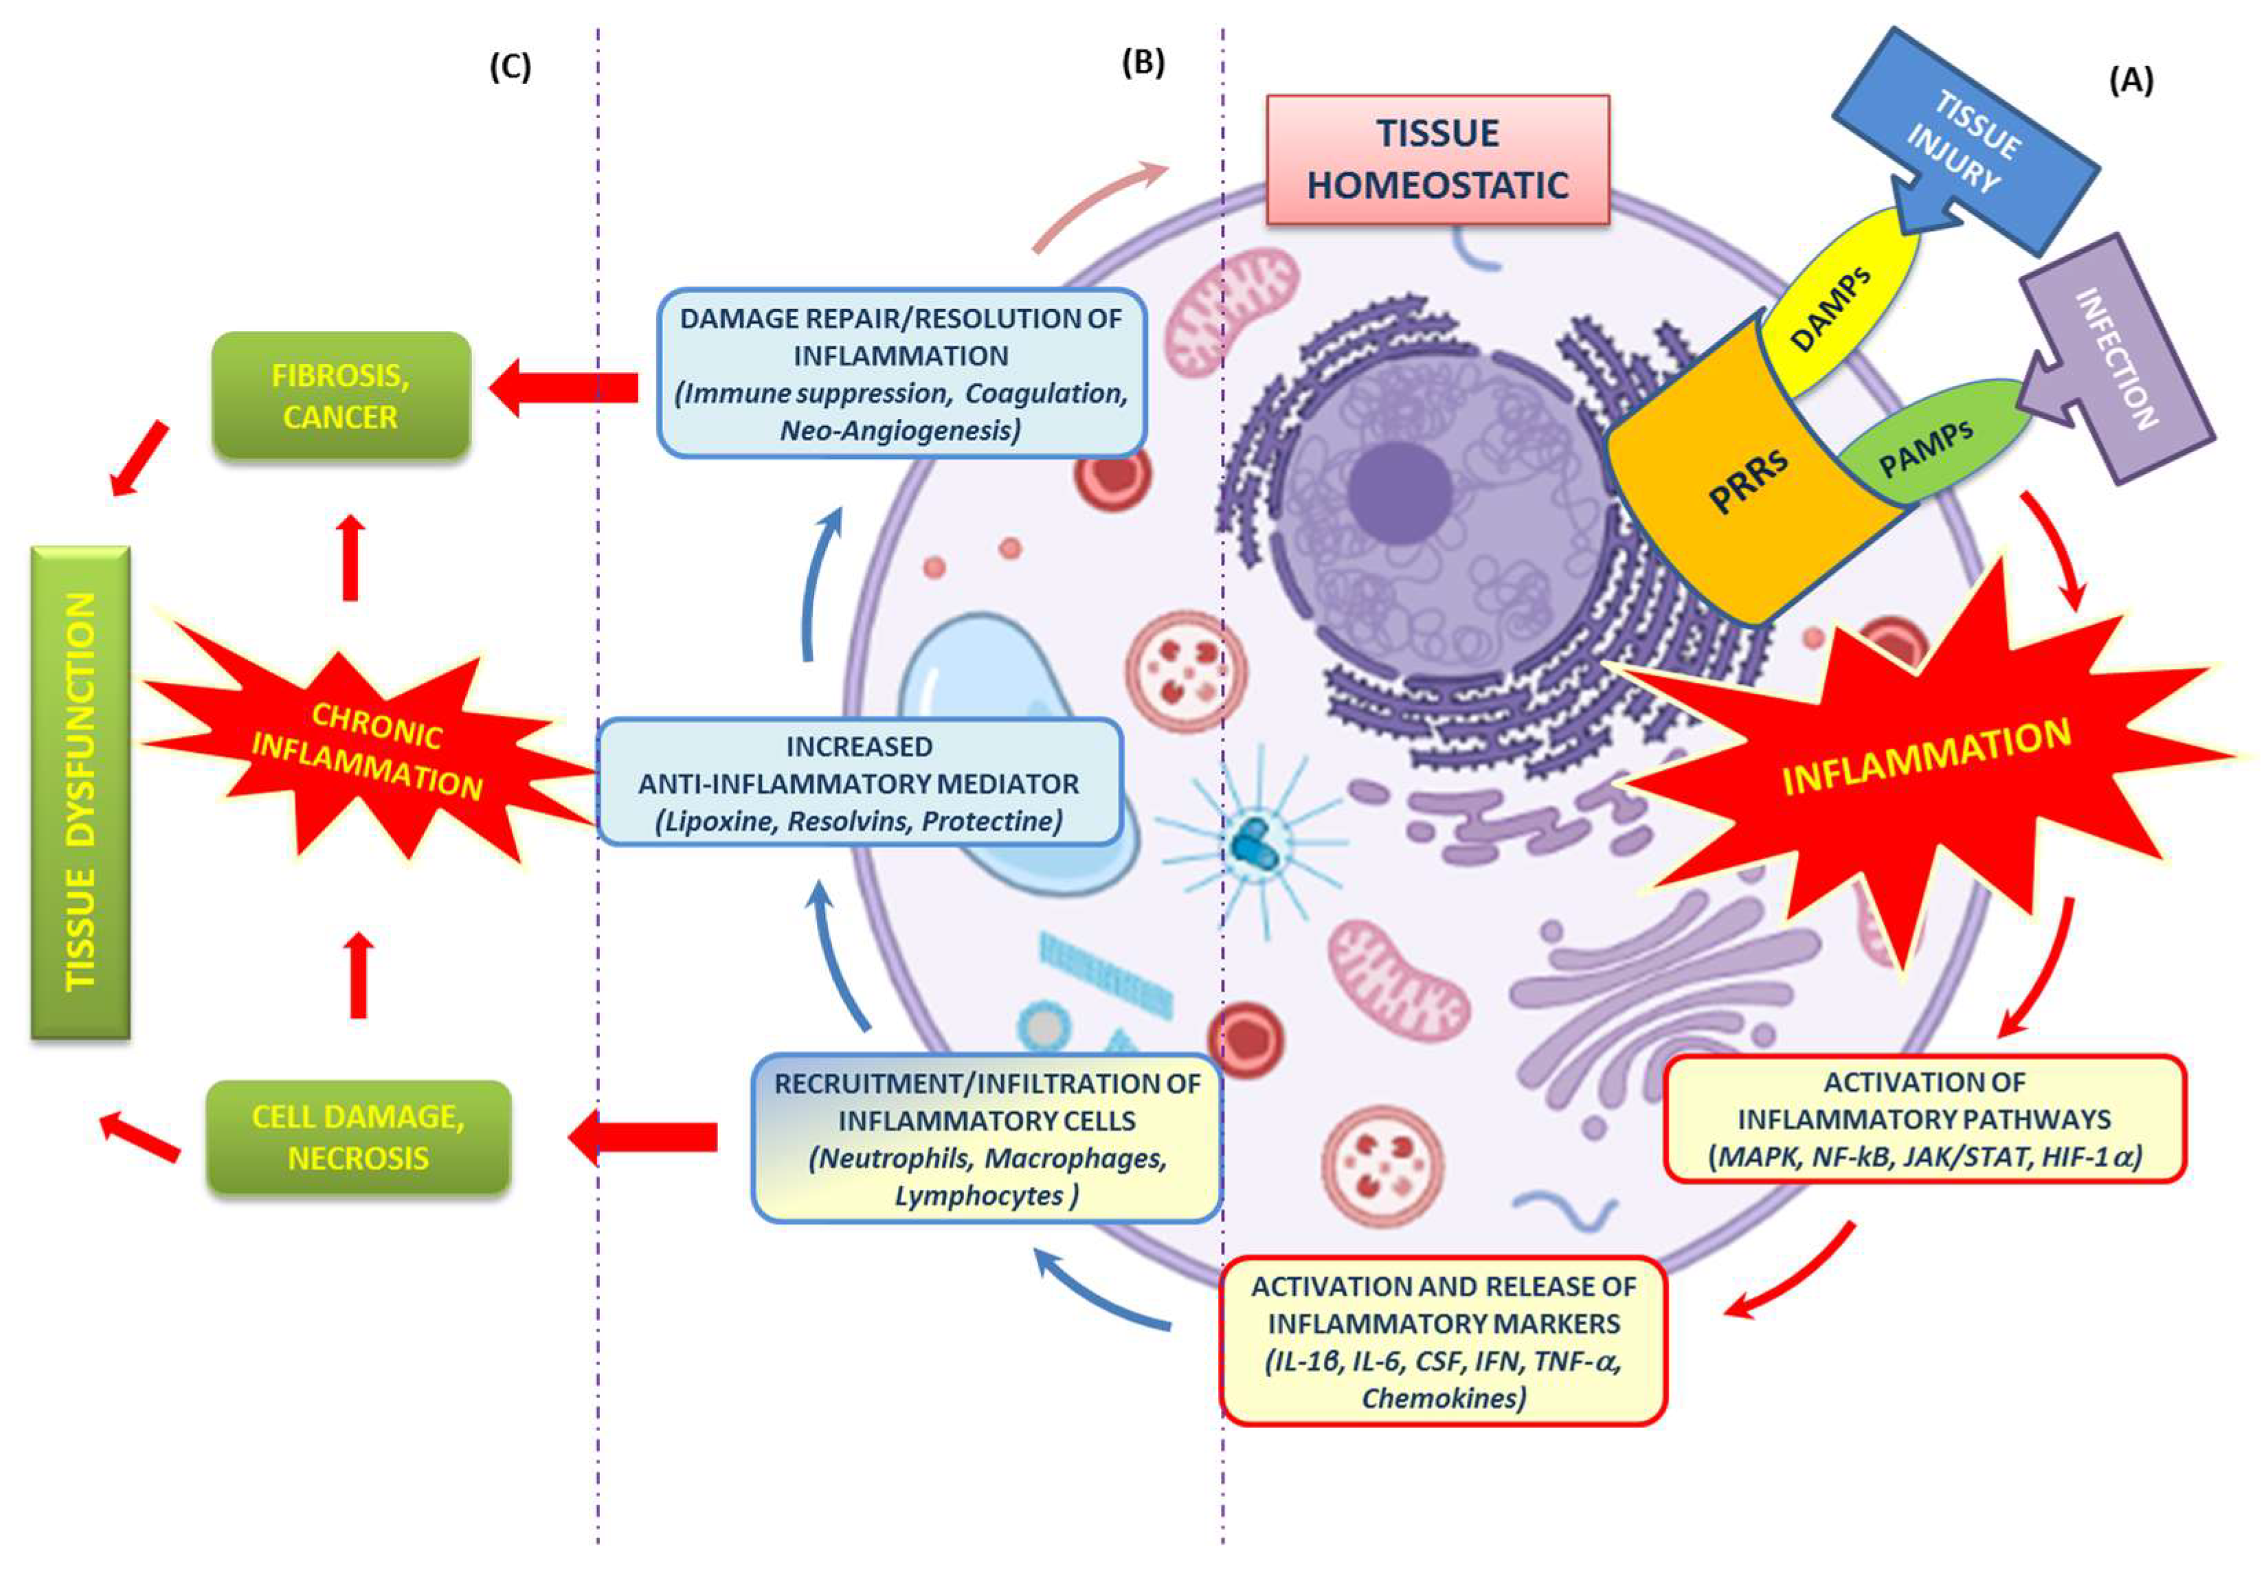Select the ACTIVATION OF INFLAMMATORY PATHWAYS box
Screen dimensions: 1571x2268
coord(1924,1119)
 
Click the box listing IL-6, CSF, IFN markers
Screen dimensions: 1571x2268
coord(1442,1341)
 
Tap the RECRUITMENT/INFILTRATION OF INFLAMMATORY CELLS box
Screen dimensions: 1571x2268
coord(987,1139)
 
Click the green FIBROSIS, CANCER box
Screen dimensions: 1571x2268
coord(341,396)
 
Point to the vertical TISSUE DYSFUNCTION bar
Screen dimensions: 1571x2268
coord(80,793)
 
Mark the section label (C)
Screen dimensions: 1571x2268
coord(510,67)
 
